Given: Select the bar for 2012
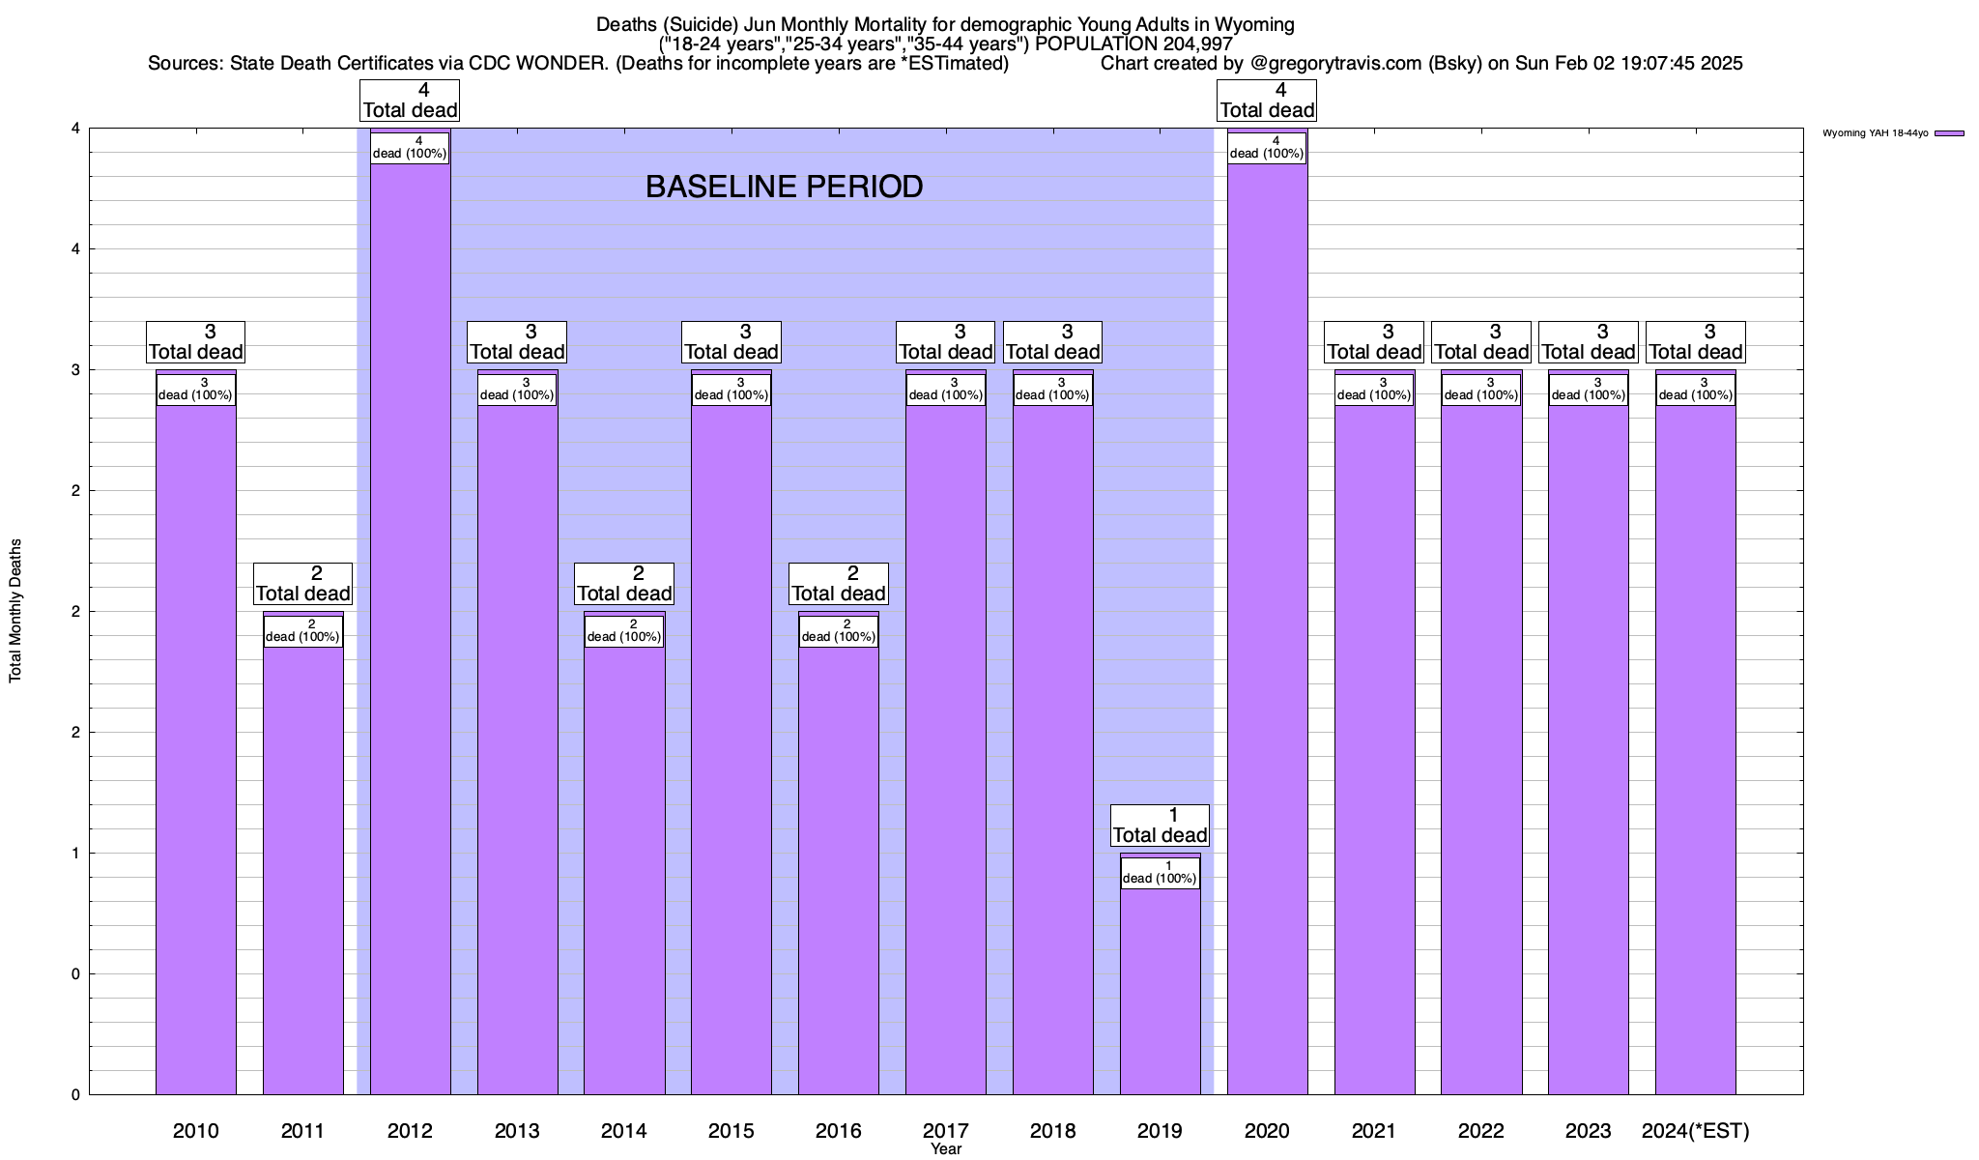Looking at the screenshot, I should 410,628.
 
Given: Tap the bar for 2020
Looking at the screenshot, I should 1267,628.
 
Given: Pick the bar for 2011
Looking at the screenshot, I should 302,870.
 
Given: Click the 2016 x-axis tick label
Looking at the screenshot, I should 838,1130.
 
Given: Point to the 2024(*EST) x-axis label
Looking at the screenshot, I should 1695,1130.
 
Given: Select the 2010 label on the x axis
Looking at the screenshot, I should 195,1130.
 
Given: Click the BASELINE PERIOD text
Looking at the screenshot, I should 784,187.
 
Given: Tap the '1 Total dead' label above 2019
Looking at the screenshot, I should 1160,825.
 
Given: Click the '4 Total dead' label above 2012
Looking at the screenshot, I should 410,101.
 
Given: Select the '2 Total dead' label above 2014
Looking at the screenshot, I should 624,584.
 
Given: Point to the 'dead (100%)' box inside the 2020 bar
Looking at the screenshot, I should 1267,148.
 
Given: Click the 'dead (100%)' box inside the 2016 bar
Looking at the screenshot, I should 838,631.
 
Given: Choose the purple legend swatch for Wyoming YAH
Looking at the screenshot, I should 1949,133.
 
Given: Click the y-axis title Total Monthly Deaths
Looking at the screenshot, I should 15,611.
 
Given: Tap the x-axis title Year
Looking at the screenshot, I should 946,1148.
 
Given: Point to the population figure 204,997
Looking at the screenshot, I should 1194,43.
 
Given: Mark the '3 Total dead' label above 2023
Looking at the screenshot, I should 1588,342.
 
